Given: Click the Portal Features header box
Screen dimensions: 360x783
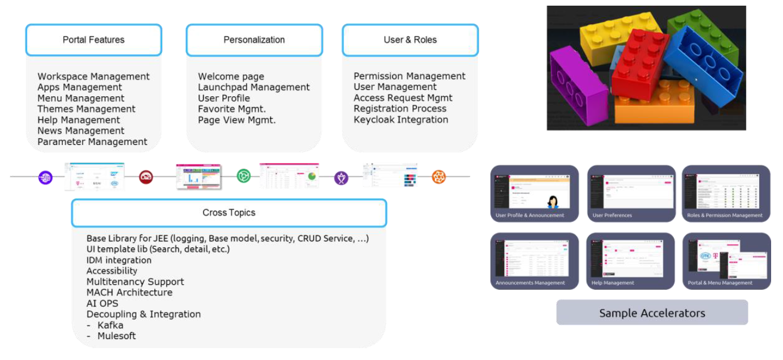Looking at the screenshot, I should tap(94, 40).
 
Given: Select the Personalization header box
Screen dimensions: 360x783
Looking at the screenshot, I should tap(254, 40).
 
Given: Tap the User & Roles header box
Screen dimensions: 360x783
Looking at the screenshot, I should tap(410, 40).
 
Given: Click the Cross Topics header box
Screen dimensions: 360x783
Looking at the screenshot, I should tap(229, 213).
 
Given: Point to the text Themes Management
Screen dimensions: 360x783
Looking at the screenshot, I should tap(87, 109).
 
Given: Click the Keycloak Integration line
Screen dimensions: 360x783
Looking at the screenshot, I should tap(401, 120).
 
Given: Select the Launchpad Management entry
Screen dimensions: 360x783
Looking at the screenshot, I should tap(254, 87).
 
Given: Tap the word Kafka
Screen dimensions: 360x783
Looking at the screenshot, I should tap(110, 325).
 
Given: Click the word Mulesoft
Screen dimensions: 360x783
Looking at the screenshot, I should tap(117, 336).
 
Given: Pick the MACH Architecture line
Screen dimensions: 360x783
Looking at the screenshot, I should tap(130, 293).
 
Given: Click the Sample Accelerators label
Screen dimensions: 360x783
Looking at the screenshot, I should tap(652, 313).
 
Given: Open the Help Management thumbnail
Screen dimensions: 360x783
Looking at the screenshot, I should tap(631, 261).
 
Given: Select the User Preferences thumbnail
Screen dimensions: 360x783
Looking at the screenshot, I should tap(631, 193).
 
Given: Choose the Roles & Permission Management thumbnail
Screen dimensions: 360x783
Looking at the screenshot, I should tap(726, 193).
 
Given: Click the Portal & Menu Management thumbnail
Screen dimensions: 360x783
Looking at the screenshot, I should tap(726, 261).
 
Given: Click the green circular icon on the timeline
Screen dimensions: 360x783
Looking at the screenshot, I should tap(243, 176).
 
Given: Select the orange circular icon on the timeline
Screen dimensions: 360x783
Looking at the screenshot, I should tap(439, 177).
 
